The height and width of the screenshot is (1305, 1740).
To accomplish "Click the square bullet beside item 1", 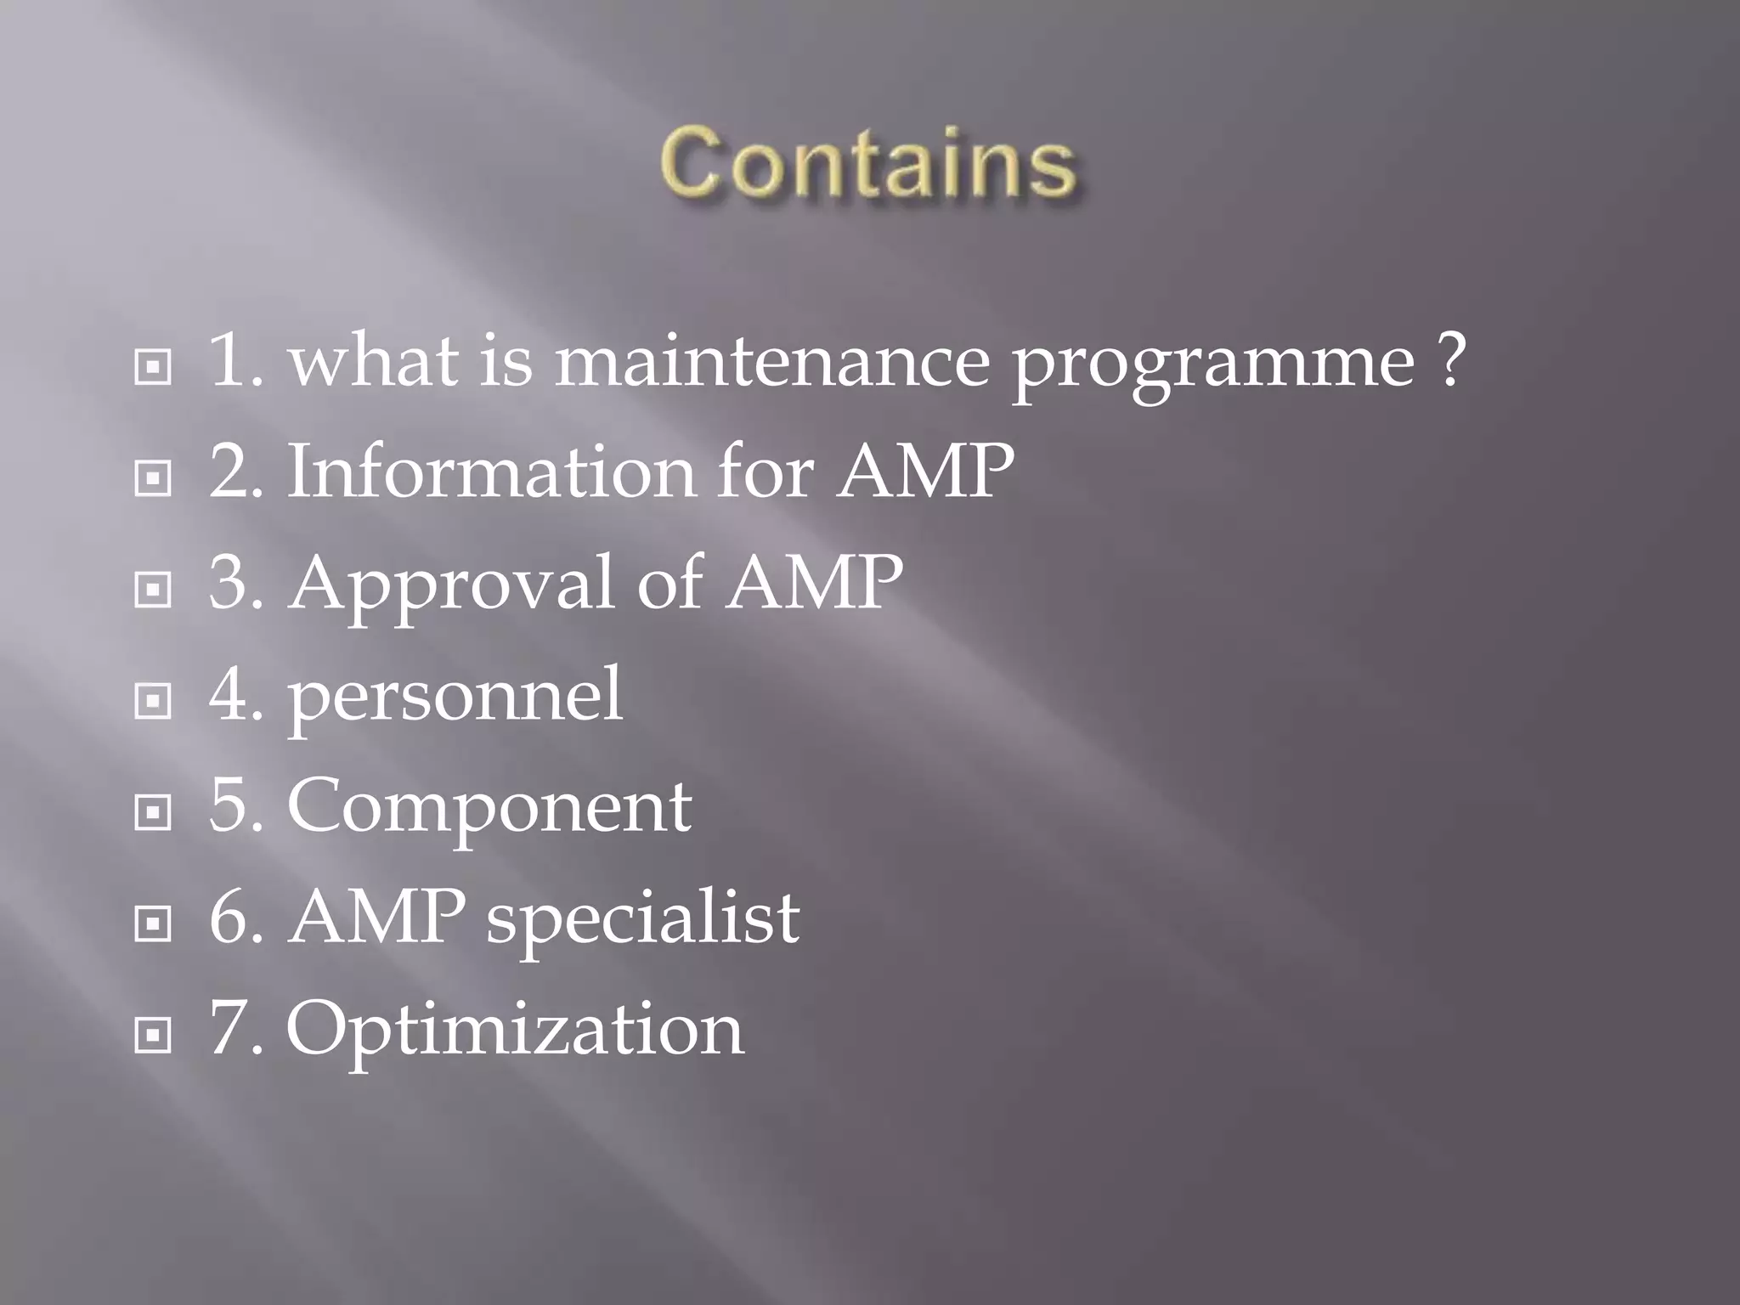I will click(153, 368).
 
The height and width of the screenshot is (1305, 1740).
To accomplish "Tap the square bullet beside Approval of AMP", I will click(153, 590).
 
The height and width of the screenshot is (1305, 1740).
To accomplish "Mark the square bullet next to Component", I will click(153, 813).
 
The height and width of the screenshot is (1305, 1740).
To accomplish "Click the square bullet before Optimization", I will click(153, 1035).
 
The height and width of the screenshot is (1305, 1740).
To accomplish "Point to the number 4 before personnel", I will click(229, 694).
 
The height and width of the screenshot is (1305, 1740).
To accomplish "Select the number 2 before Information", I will click(229, 471).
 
